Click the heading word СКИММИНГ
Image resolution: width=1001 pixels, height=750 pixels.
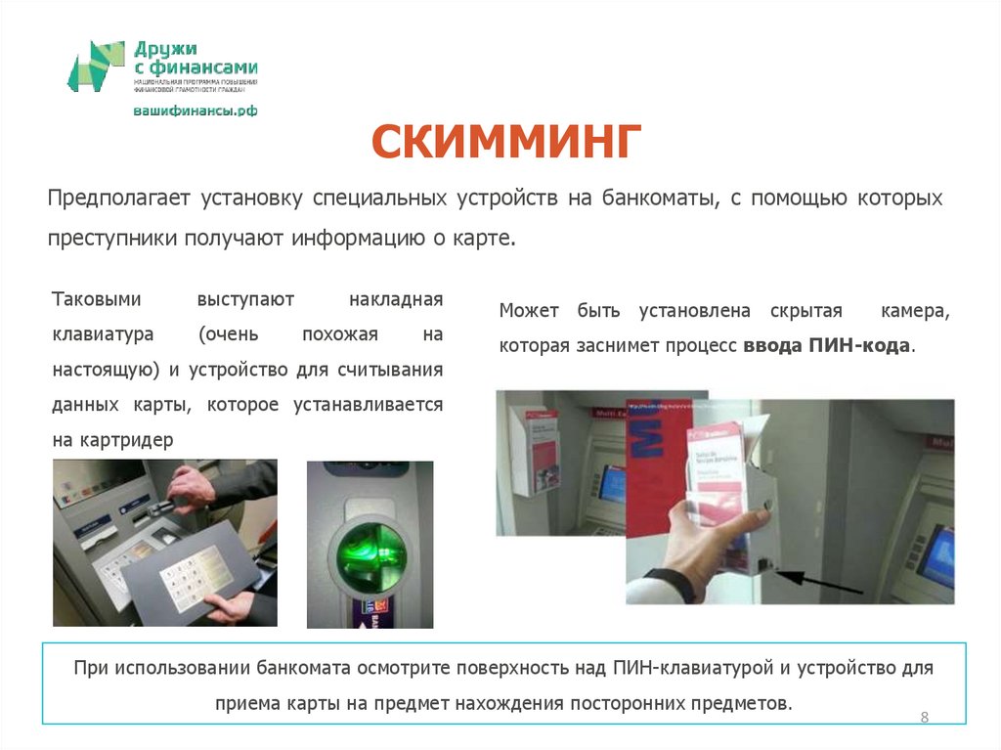point(505,145)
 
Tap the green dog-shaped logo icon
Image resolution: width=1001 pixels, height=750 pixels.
point(96,66)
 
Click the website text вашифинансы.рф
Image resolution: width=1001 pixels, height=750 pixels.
point(196,111)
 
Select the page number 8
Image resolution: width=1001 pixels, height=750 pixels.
point(924,719)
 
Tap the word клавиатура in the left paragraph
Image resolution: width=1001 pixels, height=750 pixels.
point(103,334)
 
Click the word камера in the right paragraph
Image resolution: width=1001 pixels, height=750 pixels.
point(913,311)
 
